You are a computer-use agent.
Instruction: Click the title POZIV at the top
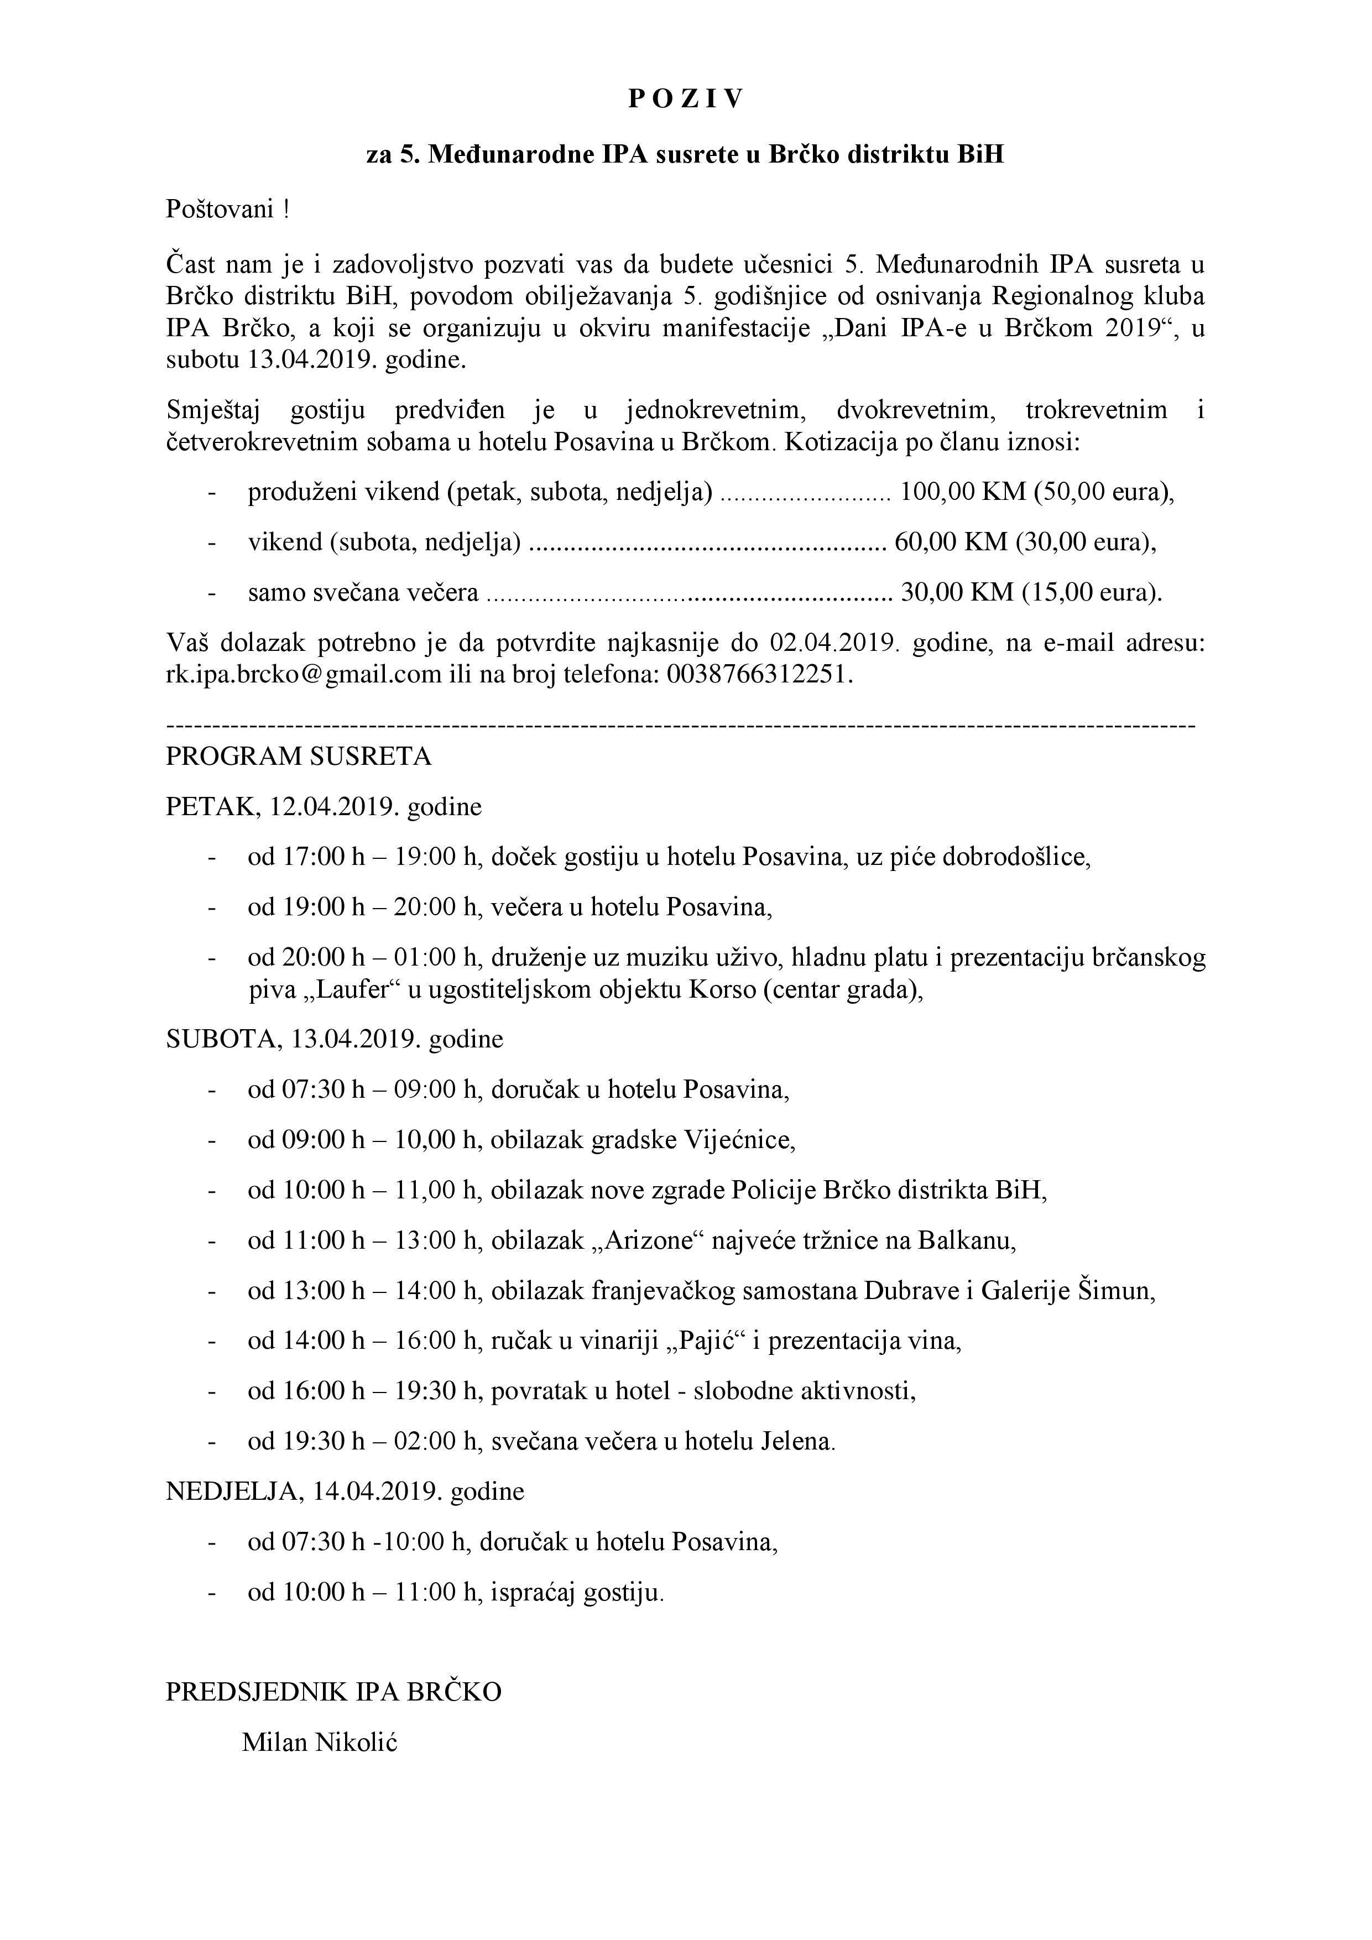coord(685,100)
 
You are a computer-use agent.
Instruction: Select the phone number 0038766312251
coord(759,675)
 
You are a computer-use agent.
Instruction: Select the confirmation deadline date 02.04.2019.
coord(832,643)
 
